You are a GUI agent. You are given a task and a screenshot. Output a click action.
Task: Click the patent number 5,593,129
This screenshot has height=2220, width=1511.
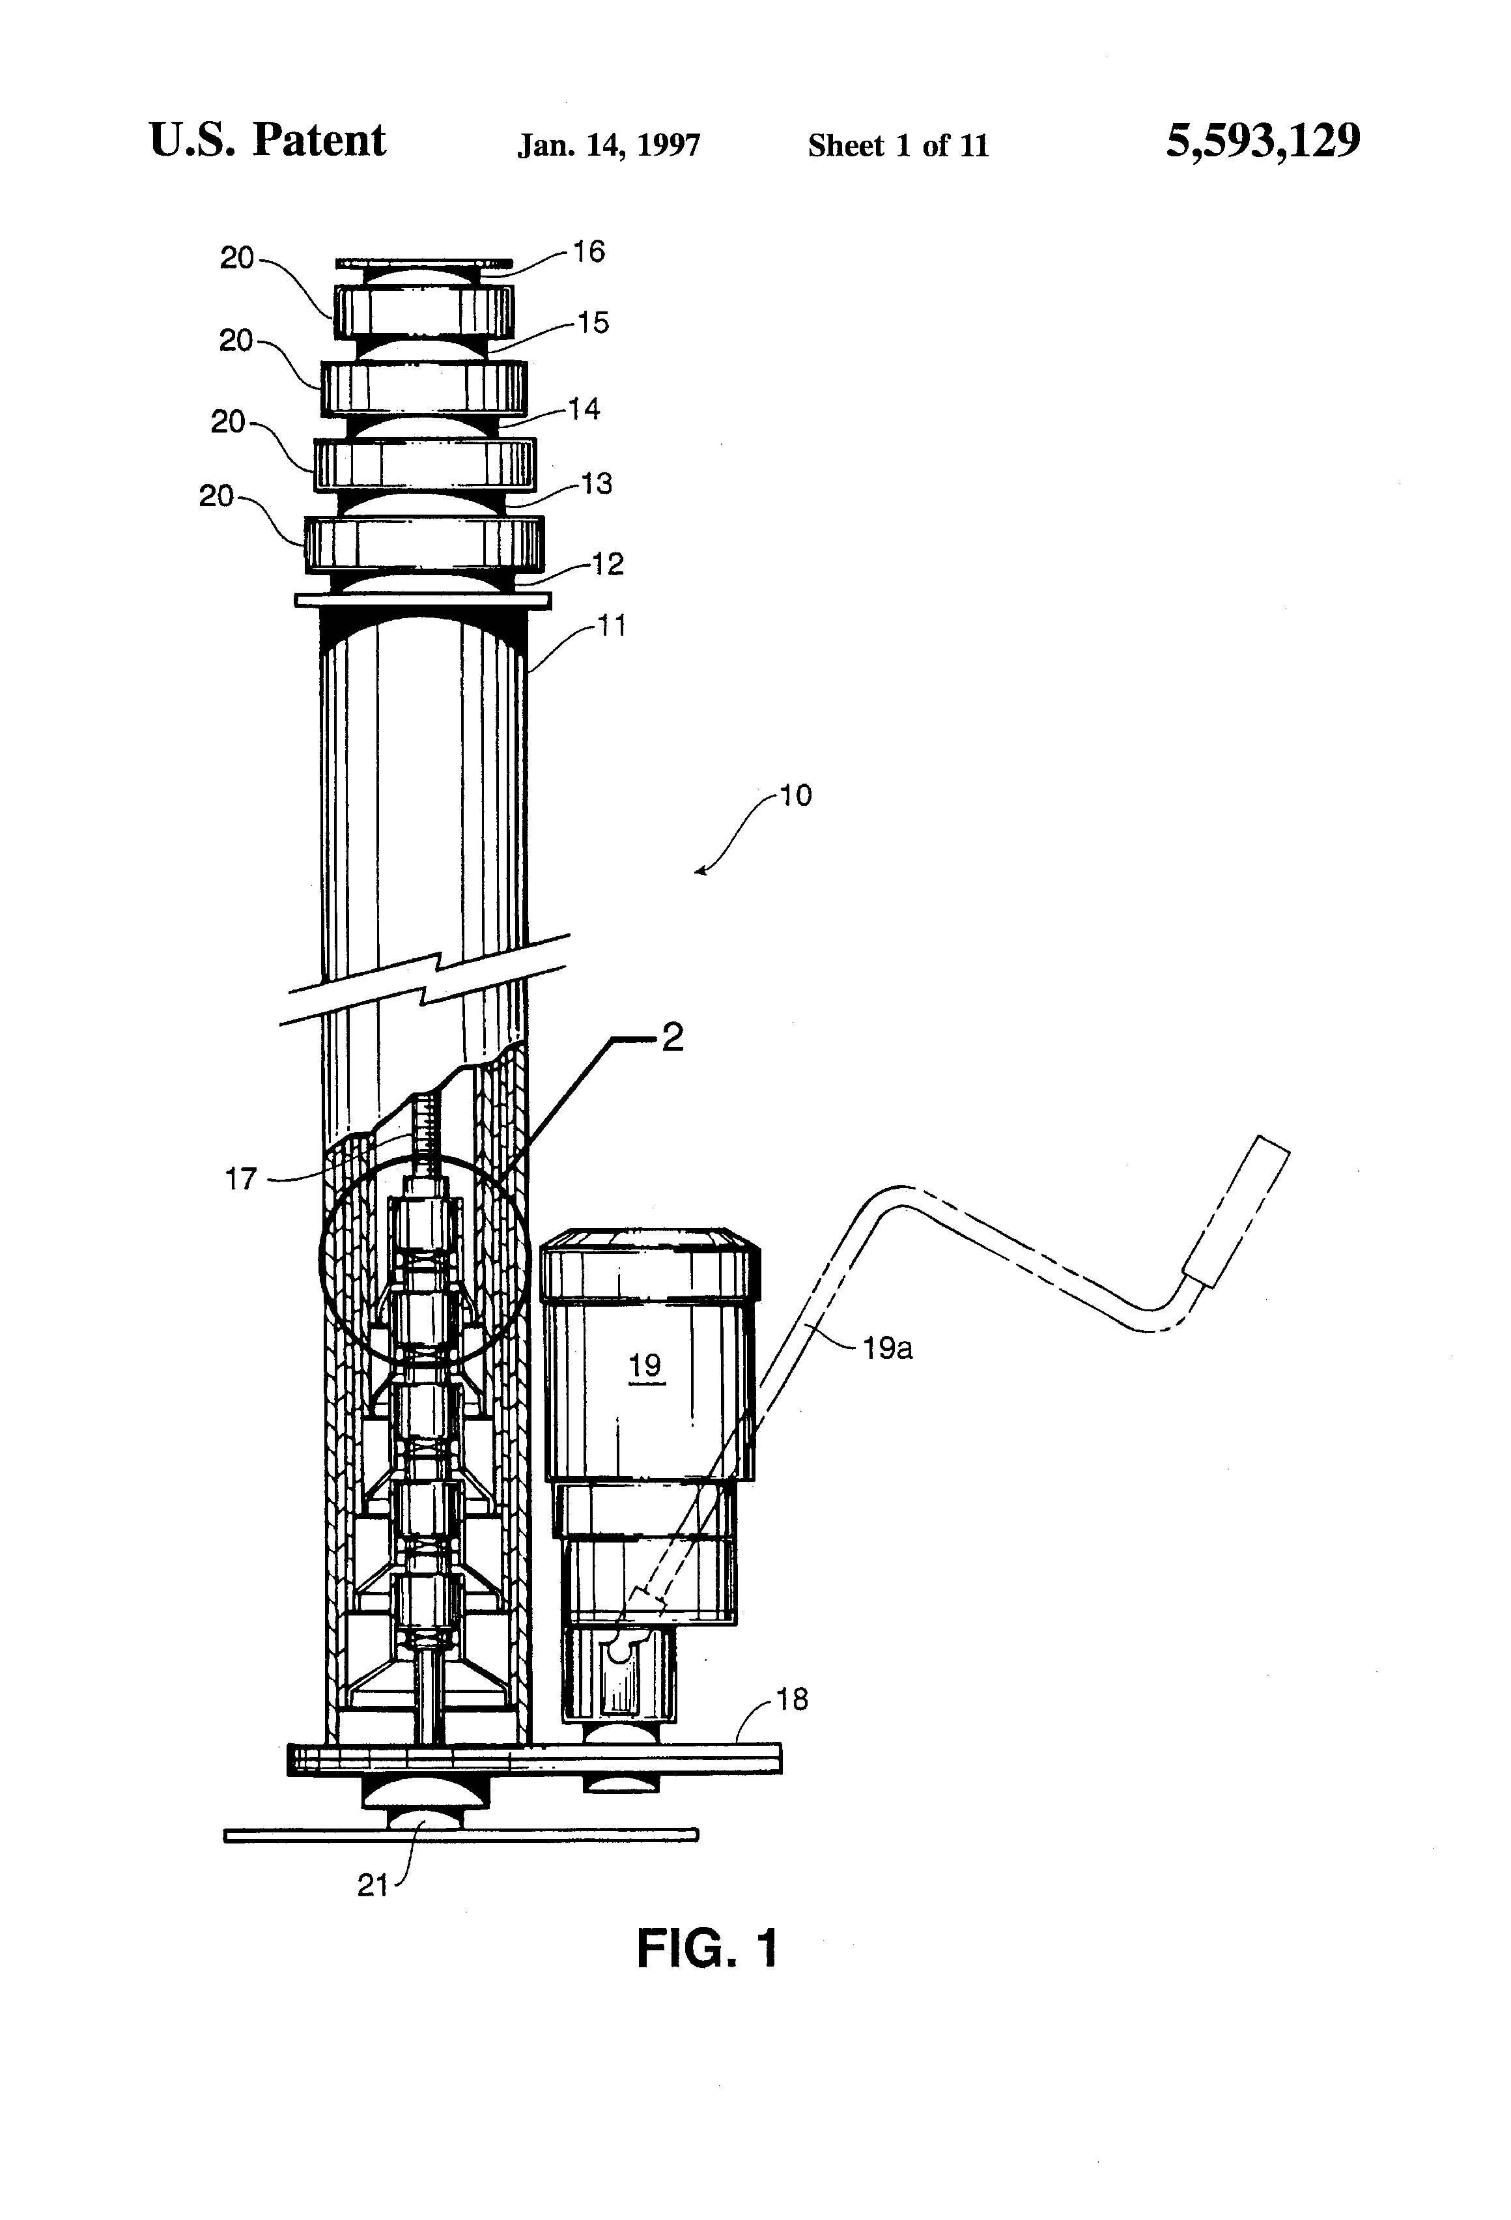(1263, 141)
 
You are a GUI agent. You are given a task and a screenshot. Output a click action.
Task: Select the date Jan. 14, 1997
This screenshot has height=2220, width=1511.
(608, 145)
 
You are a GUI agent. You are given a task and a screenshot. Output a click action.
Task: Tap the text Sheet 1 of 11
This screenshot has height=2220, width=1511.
(898, 145)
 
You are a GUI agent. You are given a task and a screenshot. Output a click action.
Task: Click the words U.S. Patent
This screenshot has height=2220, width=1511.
(268, 141)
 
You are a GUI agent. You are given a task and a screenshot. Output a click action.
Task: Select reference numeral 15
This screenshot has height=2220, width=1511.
(592, 323)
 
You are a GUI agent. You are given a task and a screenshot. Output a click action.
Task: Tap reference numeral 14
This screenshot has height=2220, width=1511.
(584, 409)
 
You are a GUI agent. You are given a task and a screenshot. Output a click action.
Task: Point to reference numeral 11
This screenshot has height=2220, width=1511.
(612, 626)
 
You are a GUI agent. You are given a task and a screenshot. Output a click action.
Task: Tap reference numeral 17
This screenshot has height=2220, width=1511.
(241, 1179)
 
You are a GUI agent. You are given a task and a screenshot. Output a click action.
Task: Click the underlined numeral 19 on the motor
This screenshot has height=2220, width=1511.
(645, 1365)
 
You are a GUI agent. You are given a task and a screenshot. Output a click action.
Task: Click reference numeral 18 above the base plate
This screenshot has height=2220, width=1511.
(792, 1700)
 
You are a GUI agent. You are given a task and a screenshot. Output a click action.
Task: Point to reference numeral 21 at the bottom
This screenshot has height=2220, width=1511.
(373, 1886)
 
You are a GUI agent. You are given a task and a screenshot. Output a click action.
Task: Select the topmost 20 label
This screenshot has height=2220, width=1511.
(237, 258)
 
